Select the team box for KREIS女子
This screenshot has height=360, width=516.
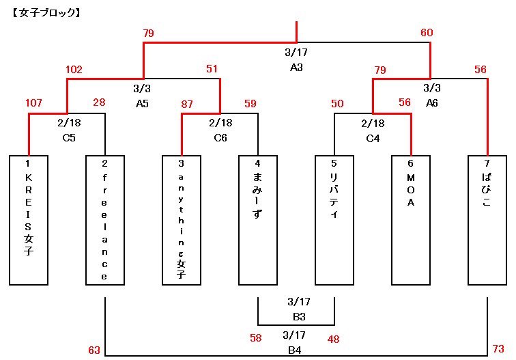[x=29, y=219]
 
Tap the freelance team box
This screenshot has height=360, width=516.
[x=104, y=219]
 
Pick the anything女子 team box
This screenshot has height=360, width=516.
[x=181, y=219]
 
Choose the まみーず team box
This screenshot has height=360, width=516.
[x=257, y=219]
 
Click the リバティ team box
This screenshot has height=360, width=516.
[x=334, y=219]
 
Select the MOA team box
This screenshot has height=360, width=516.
[x=410, y=219]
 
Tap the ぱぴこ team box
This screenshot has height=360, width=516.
[x=487, y=219]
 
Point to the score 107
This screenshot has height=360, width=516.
[x=33, y=103]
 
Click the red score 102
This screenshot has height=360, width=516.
[x=74, y=69]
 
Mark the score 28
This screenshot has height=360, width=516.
[x=98, y=103]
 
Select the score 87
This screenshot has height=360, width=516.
[x=187, y=103]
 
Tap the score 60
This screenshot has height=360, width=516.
[x=427, y=33]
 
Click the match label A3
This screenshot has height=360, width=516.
[x=296, y=68]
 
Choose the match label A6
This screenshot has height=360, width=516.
[x=432, y=103]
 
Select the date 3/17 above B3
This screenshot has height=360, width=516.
[x=299, y=301]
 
